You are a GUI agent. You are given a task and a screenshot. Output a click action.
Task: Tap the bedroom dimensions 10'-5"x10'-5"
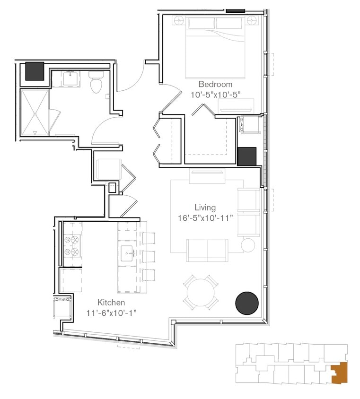point(216,94)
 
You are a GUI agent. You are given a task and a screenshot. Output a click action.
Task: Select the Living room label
point(205,208)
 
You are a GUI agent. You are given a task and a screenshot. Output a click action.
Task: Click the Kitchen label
point(111,302)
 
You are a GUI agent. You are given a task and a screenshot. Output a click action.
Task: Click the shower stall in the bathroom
point(34,113)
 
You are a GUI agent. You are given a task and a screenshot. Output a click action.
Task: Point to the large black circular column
point(247,302)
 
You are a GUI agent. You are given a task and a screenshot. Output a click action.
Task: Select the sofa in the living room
point(207,250)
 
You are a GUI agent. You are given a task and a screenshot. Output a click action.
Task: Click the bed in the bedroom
point(215,47)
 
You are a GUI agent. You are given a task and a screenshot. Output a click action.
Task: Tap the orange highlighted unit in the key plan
point(340,372)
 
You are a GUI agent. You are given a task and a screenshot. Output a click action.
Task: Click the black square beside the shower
point(35,71)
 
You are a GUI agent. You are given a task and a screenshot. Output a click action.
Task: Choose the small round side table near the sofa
point(248,245)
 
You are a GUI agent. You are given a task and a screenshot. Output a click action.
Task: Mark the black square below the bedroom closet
point(246,156)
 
